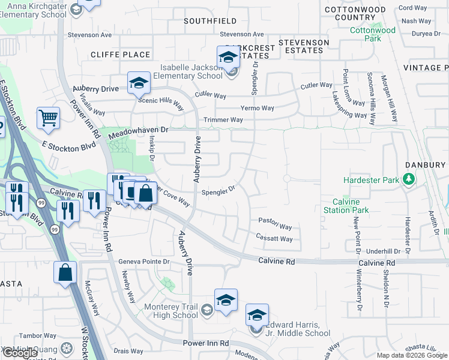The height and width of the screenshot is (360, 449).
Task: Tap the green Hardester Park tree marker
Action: click(x=409, y=179)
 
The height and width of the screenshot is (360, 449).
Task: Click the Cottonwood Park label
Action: click(x=373, y=34)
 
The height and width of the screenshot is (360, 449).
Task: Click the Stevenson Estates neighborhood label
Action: click(x=304, y=46)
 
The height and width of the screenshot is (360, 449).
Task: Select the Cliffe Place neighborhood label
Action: click(x=120, y=55)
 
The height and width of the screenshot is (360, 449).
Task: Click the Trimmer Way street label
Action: click(x=223, y=120)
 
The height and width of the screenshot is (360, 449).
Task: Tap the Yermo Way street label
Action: click(x=257, y=108)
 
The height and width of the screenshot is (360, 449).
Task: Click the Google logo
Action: click(x=20, y=353)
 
